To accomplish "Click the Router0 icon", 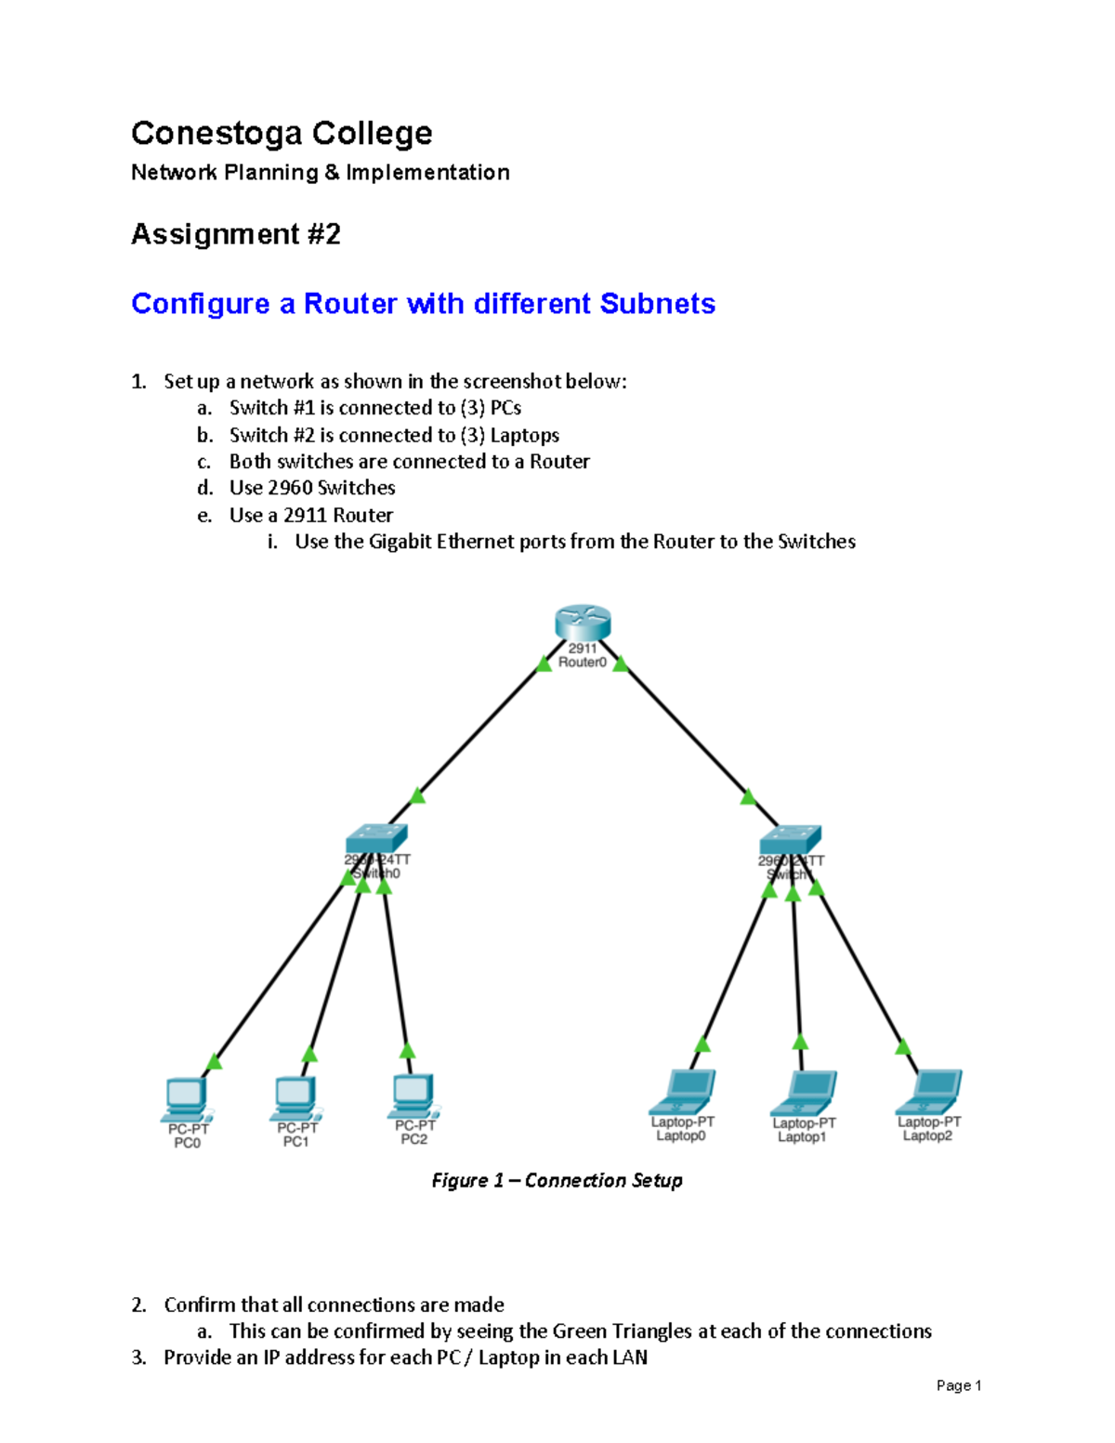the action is click(x=583, y=623).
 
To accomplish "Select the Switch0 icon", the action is click(x=375, y=838).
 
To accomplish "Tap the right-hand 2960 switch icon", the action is click(x=790, y=839).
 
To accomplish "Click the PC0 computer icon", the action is click(x=186, y=1100).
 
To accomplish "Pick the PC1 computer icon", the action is click(x=296, y=1098).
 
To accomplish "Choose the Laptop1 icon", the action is click(x=805, y=1094).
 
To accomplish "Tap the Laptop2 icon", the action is click(x=930, y=1092).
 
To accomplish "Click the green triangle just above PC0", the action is click(x=214, y=1061).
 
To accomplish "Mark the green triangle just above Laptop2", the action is click(x=902, y=1047).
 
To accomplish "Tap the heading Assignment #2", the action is click(x=236, y=233).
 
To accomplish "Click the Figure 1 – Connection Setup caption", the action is click(x=557, y=1180).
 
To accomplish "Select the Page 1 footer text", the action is click(x=958, y=1385).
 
